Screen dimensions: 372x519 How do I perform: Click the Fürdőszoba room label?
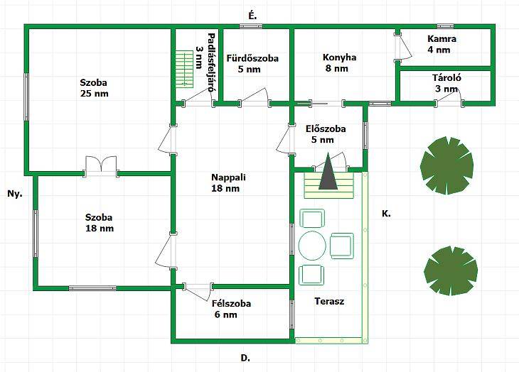tap(252, 58)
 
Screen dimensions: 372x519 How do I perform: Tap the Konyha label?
tap(339, 58)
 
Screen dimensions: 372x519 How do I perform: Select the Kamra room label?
tap(442, 39)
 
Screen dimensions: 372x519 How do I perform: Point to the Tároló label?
tap(447, 78)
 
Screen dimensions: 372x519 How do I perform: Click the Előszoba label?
tap(325, 129)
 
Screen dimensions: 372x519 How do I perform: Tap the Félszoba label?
tap(230, 303)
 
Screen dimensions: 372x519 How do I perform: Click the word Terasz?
tap(329, 301)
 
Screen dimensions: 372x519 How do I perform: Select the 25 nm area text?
tap(94, 93)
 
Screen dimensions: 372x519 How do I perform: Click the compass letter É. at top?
tap(252, 15)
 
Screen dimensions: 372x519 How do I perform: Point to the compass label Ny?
tap(14, 193)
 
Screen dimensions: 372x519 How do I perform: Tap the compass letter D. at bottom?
tap(245, 359)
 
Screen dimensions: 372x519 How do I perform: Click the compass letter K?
tap(385, 213)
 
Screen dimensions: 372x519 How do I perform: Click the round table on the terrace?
tap(314, 246)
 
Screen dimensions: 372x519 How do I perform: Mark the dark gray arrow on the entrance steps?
tap(327, 174)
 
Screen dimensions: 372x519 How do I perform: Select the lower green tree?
tap(449, 270)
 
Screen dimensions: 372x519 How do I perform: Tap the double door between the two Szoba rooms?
tap(101, 165)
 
